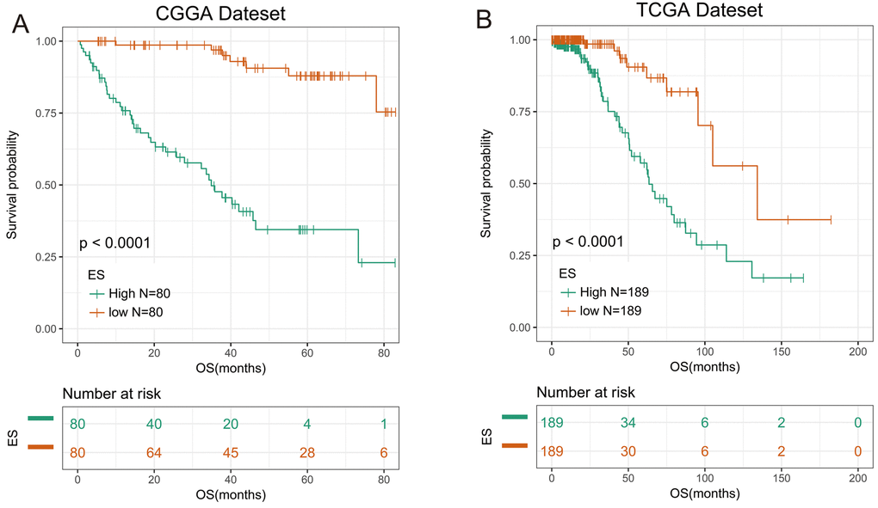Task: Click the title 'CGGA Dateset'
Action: point(233,14)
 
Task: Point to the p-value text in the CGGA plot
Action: point(115,243)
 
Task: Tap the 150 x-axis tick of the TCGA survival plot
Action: point(782,352)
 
